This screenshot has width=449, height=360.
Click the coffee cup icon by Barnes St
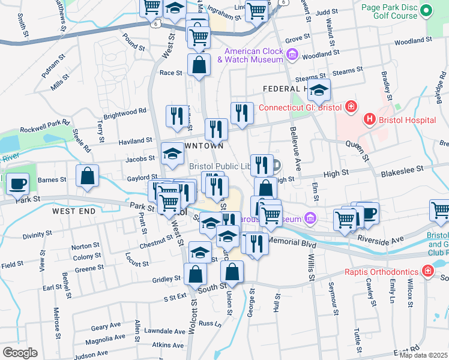[18, 182]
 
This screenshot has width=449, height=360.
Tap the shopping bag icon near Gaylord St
[88, 176]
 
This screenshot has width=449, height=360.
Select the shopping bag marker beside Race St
[199, 65]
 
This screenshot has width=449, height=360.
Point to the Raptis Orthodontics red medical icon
[427, 272]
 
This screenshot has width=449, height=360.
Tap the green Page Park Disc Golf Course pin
[427, 10]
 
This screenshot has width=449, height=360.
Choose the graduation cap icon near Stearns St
[319, 90]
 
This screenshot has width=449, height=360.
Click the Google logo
[20, 352]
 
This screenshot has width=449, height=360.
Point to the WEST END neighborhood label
[73, 211]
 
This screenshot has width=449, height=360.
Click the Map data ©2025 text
[423, 355]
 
